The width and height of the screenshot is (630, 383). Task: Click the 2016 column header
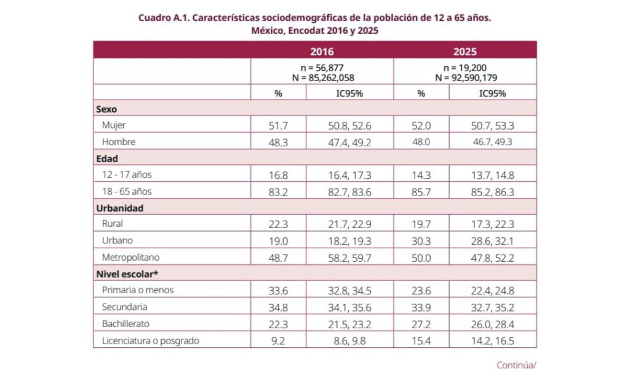(x=321, y=52)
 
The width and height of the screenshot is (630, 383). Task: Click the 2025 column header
(x=465, y=52)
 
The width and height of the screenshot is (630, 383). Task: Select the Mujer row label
(x=114, y=125)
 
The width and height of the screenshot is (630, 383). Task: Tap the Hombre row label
(x=119, y=142)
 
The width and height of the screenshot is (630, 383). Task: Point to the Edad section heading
(x=107, y=159)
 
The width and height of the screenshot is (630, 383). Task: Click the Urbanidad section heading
(x=120, y=208)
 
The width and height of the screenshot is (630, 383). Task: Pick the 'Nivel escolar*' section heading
(x=127, y=274)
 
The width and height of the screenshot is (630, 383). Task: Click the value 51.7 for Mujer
(x=278, y=125)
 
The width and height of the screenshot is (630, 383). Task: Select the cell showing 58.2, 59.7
(x=349, y=258)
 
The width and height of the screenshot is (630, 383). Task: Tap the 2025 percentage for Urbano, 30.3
(x=421, y=241)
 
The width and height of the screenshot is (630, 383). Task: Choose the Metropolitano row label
(x=130, y=257)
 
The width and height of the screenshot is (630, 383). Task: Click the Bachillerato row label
(x=126, y=323)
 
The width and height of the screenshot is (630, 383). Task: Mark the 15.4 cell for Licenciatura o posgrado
(x=421, y=341)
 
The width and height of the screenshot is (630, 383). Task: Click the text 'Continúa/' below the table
(x=516, y=365)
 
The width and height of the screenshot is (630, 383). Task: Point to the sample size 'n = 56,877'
(x=322, y=68)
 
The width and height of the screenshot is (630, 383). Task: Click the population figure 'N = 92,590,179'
(x=466, y=77)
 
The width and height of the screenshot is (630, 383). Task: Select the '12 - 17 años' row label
(x=127, y=175)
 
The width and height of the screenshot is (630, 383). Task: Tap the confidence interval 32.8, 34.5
(x=349, y=291)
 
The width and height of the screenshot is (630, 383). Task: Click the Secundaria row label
(x=124, y=307)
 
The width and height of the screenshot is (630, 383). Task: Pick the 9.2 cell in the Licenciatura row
(x=278, y=341)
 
